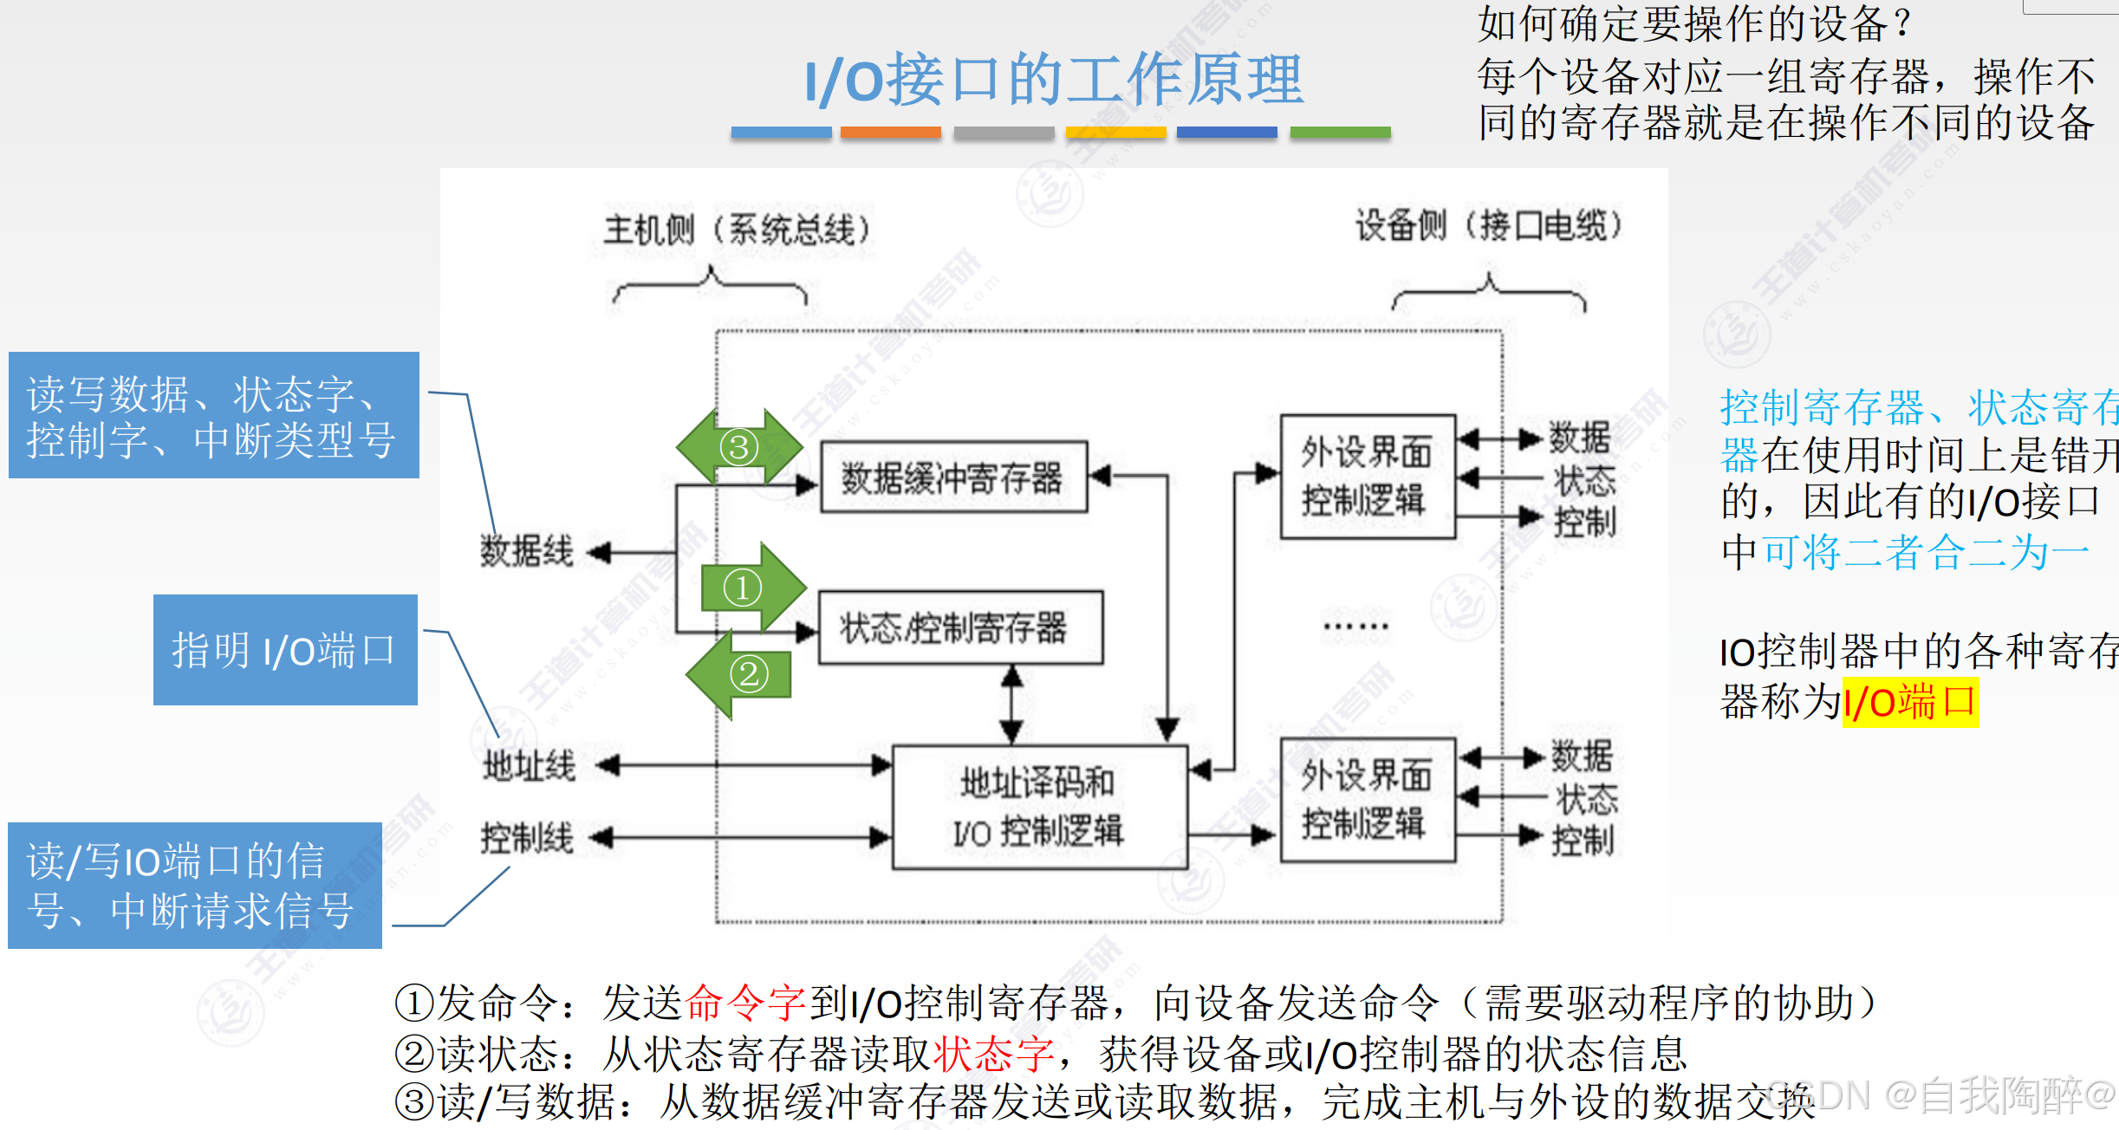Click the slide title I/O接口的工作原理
click(x=1054, y=80)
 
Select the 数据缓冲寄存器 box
click(x=953, y=477)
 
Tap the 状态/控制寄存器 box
click(x=960, y=628)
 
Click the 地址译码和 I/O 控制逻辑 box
click(x=1039, y=807)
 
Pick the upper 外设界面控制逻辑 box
click(x=1367, y=477)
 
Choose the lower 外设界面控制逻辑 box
click(x=1367, y=799)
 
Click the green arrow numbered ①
click(x=751, y=588)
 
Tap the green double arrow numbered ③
click(x=739, y=447)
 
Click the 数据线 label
click(x=527, y=552)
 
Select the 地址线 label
click(x=529, y=766)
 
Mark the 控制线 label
click(x=527, y=838)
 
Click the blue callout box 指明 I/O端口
click(x=285, y=650)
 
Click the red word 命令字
click(x=745, y=1003)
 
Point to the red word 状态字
click(x=993, y=1054)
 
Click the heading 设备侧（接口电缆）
click(x=1488, y=226)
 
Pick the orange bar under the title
click(x=890, y=133)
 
